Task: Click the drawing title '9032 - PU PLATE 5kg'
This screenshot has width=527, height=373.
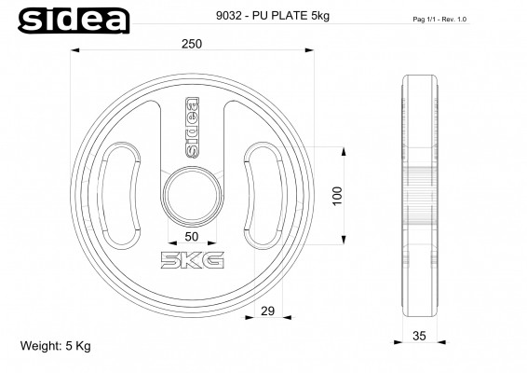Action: pos(250,15)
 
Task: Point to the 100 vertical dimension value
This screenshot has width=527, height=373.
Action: pos(338,196)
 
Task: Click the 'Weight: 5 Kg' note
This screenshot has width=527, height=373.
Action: pos(56,345)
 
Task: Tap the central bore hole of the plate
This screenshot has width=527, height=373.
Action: pos(191,194)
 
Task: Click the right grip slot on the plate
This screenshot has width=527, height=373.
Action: pos(261,193)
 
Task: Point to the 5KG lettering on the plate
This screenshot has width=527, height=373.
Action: pos(192,259)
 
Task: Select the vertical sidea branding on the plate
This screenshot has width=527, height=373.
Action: pos(191,126)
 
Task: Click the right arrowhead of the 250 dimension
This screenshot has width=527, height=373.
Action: pos(308,54)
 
